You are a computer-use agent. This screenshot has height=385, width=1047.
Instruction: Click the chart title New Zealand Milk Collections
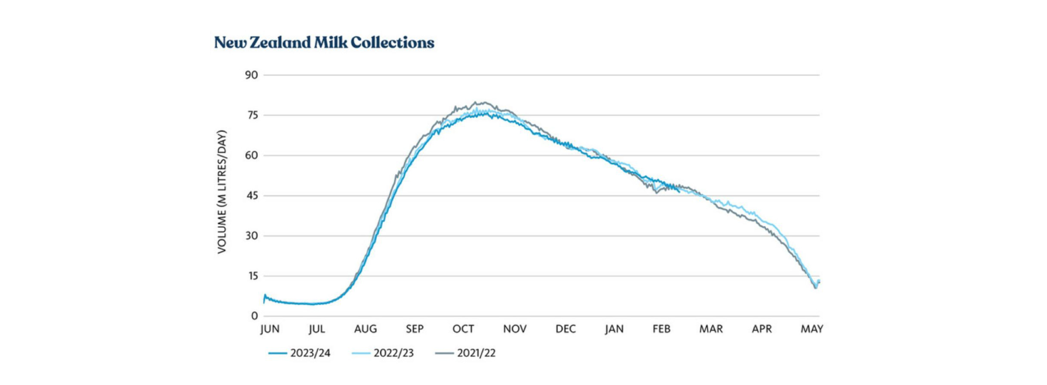coord(324,42)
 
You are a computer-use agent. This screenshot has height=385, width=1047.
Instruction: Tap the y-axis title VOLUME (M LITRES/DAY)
coord(221,191)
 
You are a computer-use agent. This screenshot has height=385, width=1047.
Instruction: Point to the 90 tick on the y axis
coord(251,75)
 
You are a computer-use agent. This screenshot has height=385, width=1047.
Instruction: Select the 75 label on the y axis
coord(252,115)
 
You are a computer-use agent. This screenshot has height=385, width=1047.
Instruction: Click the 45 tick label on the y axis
coord(252,195)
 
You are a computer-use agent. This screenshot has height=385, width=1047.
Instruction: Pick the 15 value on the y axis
coord(252,276)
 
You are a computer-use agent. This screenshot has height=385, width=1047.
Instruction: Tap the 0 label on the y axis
coord(255,316)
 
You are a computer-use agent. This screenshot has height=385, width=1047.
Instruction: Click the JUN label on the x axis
coord(270,329)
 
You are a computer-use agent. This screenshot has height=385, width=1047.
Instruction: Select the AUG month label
coord(365,329)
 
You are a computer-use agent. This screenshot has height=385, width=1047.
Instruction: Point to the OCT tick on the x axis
coord(463,329)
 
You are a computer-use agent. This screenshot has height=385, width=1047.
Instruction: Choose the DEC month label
coord(566,329)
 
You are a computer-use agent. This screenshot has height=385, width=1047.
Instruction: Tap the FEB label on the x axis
coord(662,329)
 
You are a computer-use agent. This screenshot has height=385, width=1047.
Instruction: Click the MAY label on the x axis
coord(812,329)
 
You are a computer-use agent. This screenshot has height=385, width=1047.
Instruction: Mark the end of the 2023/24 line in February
coord(679,191)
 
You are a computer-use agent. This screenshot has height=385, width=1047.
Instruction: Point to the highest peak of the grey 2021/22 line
coord(477,102)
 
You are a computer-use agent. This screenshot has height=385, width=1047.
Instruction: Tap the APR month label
coord(762,329)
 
